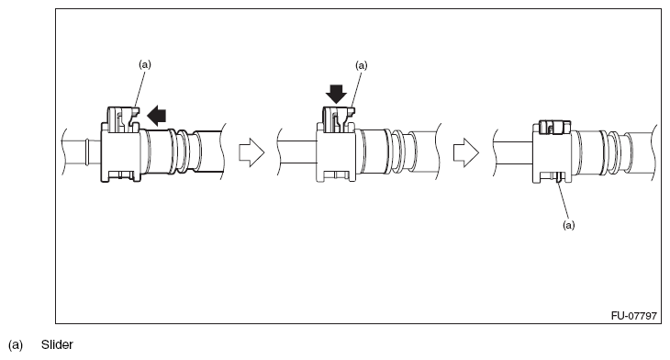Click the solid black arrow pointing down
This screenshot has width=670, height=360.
[x=335, y=94]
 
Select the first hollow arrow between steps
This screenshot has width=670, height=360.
[x=251, y=152]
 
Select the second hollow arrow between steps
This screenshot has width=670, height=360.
[x=467, y=152]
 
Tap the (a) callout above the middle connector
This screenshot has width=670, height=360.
[x=360, y=66]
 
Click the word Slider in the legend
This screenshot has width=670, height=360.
[x=56, y=346]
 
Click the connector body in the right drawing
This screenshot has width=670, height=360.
[x=552, y=153]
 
